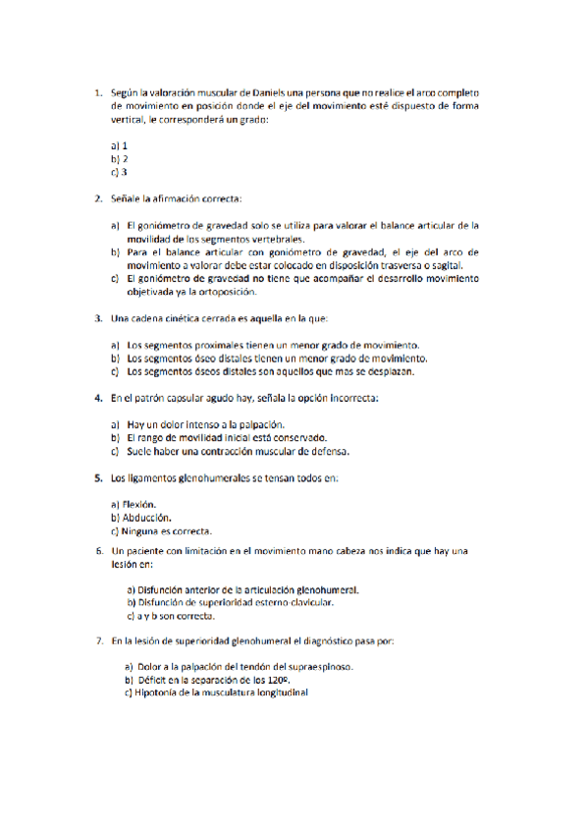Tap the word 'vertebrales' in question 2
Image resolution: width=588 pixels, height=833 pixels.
(277, 238)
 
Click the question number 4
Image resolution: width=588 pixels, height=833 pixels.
(99, 399)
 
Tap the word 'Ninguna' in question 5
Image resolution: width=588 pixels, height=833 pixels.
(143, 531)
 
